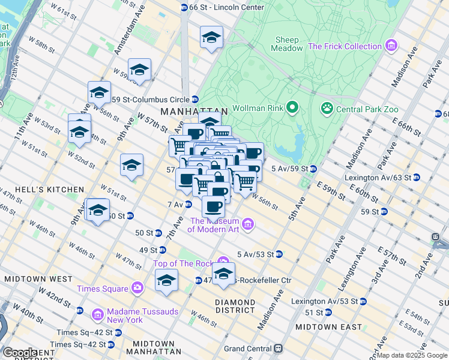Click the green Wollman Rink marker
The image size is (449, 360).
[292, 108]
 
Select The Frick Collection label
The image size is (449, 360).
[345, 46]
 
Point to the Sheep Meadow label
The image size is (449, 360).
[286, 44]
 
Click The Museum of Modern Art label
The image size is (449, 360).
[214, 225]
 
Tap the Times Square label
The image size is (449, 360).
[102, 289]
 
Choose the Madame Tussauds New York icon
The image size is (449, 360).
[97, 314]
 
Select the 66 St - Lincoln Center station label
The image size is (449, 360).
[218, 7]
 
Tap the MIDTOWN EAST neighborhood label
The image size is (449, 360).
[328, 327]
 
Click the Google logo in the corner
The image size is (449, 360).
[20, 353]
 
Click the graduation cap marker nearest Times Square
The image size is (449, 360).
[166, 280]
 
